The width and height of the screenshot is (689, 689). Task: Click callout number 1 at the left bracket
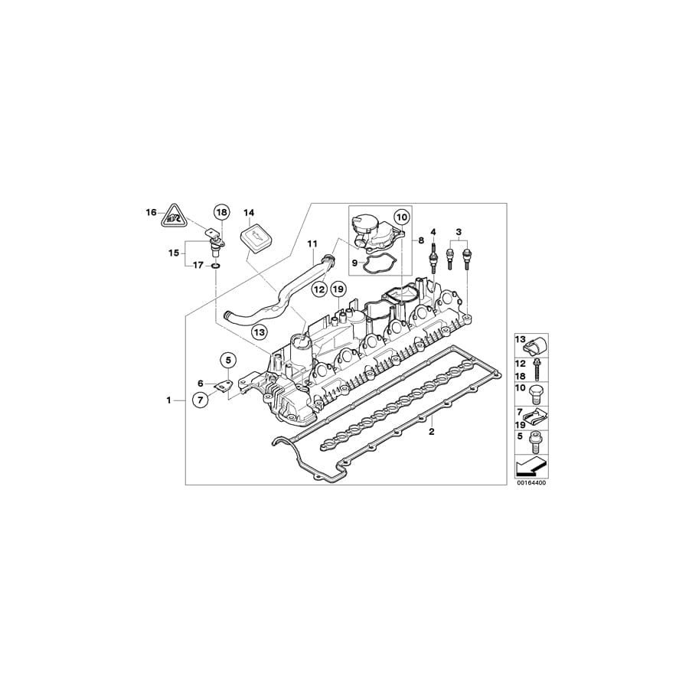(x=169, y=400)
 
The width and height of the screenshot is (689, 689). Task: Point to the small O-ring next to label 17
(x=217, y=266)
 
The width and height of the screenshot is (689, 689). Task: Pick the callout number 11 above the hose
(x=312, y=244)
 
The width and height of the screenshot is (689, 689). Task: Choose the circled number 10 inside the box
(x=402, y=217)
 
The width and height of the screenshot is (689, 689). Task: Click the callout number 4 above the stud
(x=433, y=232)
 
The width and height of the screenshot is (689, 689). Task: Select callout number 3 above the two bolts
(x=459, y=231)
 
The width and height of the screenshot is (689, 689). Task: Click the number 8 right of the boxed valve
(x=420, y=239)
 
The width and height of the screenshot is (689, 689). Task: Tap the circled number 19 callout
(x=339, y=289)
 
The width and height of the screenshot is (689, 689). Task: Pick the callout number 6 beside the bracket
(x=201, y=384)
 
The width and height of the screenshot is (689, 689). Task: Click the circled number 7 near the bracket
(x=199, y=399)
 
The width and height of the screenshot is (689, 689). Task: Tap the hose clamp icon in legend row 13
(x=534, y=343)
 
